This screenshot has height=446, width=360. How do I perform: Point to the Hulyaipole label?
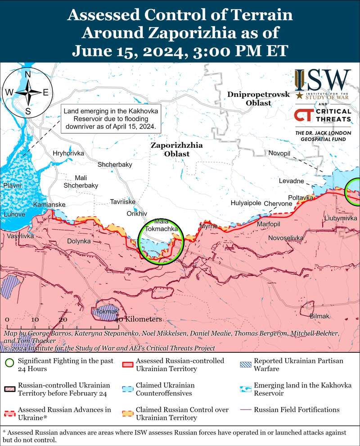click(246, 203)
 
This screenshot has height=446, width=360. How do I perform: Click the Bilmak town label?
click(320, 316)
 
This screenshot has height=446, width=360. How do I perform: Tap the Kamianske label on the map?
click(49, 205)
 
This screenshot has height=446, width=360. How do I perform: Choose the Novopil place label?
click(279, 154)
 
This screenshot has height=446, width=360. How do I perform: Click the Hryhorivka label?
click(68, 153)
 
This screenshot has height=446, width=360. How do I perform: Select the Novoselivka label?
click(286, 237)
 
